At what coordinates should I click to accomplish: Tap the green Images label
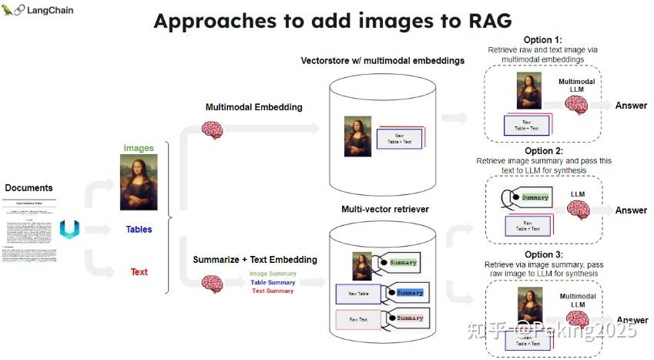point(139,148)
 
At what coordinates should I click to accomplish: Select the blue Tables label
point(139,229)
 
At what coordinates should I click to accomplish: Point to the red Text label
point(139,271)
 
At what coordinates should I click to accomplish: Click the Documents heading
point(29,187)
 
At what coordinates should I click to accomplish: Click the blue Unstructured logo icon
point(69,229)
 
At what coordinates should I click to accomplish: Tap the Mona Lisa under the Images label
point(139,183)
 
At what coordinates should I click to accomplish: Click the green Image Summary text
point(272,274)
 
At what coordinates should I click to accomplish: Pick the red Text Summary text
point(273,291)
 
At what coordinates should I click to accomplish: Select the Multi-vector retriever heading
point(384,209)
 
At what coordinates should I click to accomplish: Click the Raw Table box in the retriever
point(358,294)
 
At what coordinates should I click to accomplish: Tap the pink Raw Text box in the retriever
point(358,318)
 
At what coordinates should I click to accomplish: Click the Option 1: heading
point(543,39)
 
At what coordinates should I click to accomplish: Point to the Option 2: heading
point(543,151)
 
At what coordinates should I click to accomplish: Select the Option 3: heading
point(543,254)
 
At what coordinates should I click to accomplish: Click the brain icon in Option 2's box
point(578,209)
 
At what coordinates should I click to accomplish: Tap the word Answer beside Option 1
point(631,106)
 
